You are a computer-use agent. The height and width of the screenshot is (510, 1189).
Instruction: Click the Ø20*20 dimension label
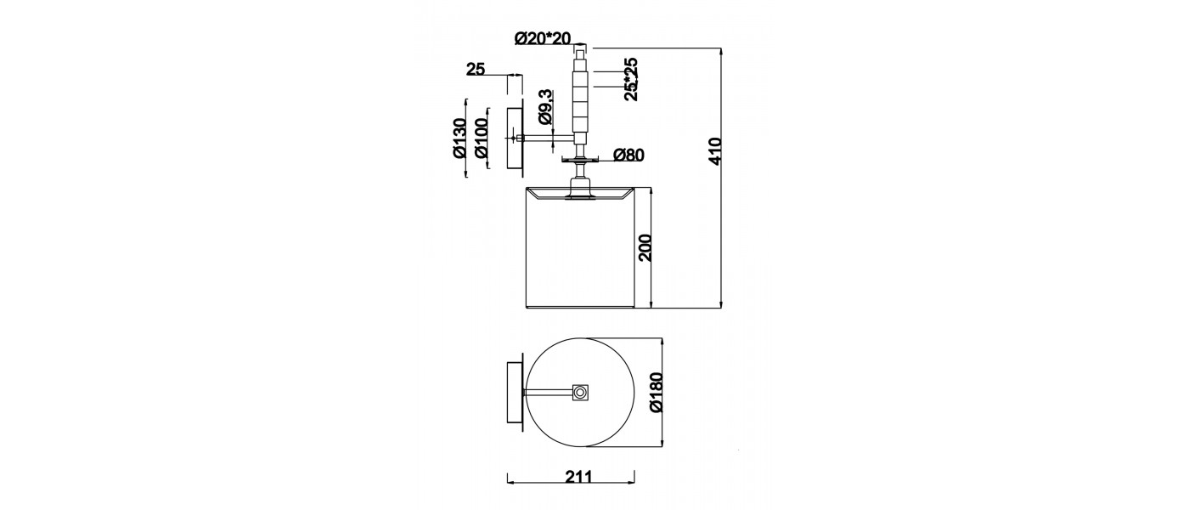543,38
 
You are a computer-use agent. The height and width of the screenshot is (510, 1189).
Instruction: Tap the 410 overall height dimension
715,151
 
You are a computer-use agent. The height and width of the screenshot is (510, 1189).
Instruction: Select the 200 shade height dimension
645,247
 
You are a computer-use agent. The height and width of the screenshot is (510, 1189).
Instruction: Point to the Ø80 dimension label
628,155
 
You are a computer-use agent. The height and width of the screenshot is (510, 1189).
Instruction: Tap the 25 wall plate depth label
476,69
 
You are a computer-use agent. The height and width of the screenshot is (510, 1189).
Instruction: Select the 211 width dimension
578,477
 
